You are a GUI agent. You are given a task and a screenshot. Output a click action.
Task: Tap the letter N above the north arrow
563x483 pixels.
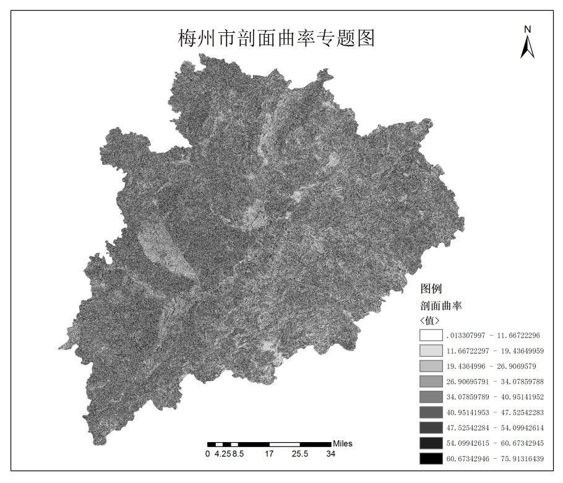pyautogui.click(x=527, y=29)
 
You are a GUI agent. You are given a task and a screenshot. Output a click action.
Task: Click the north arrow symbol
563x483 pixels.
pyautogui.click(x=527, y=47)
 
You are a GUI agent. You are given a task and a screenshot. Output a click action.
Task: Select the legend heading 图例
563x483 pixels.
pyautogui.click(x=431, y=289)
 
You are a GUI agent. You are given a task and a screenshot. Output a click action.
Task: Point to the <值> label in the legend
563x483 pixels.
pyautogui.click(x=429, y=320)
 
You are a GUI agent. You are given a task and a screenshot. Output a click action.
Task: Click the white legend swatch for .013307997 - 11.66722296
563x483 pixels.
pyautogui.click(x=431, y=335)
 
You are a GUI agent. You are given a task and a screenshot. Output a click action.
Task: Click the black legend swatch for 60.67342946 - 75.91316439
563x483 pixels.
pyautogui.click(x=431, y=459)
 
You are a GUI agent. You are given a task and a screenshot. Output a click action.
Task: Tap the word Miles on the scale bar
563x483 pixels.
pyautogui.click(x=343, y=444)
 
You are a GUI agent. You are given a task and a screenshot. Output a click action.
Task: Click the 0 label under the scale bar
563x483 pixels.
pyautogui.click(x=207, y=454)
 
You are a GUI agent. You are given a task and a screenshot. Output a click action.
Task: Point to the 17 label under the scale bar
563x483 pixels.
pyautogui.click(x=269, y=454)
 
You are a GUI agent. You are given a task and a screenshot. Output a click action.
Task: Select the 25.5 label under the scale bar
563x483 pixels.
pyautogui.click(x=300, y=454)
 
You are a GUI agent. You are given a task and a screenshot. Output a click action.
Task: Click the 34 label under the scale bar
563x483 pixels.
pyautogui.click(x=331, y=454)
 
